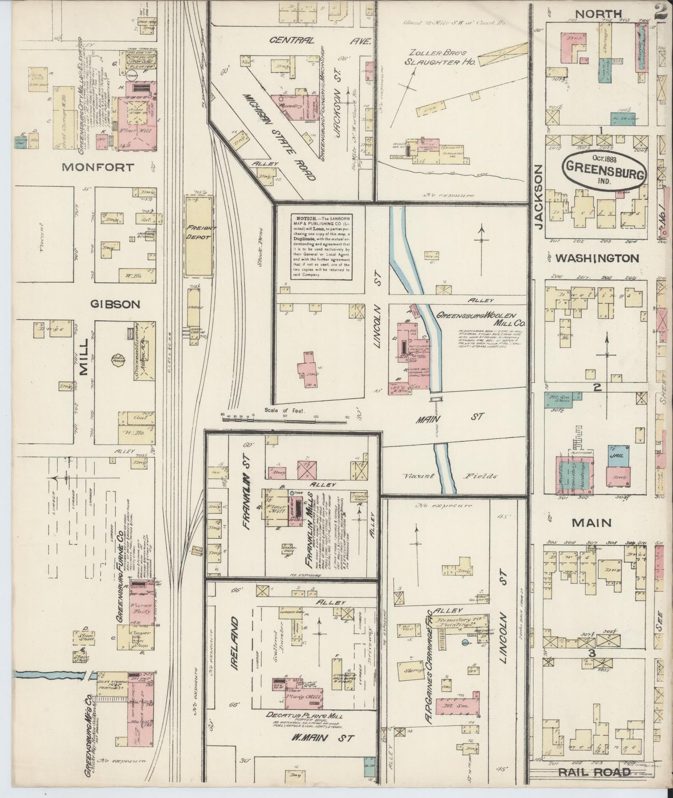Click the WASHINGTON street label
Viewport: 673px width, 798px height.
(598, 258)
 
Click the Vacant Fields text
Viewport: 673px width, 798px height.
(449, 476)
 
